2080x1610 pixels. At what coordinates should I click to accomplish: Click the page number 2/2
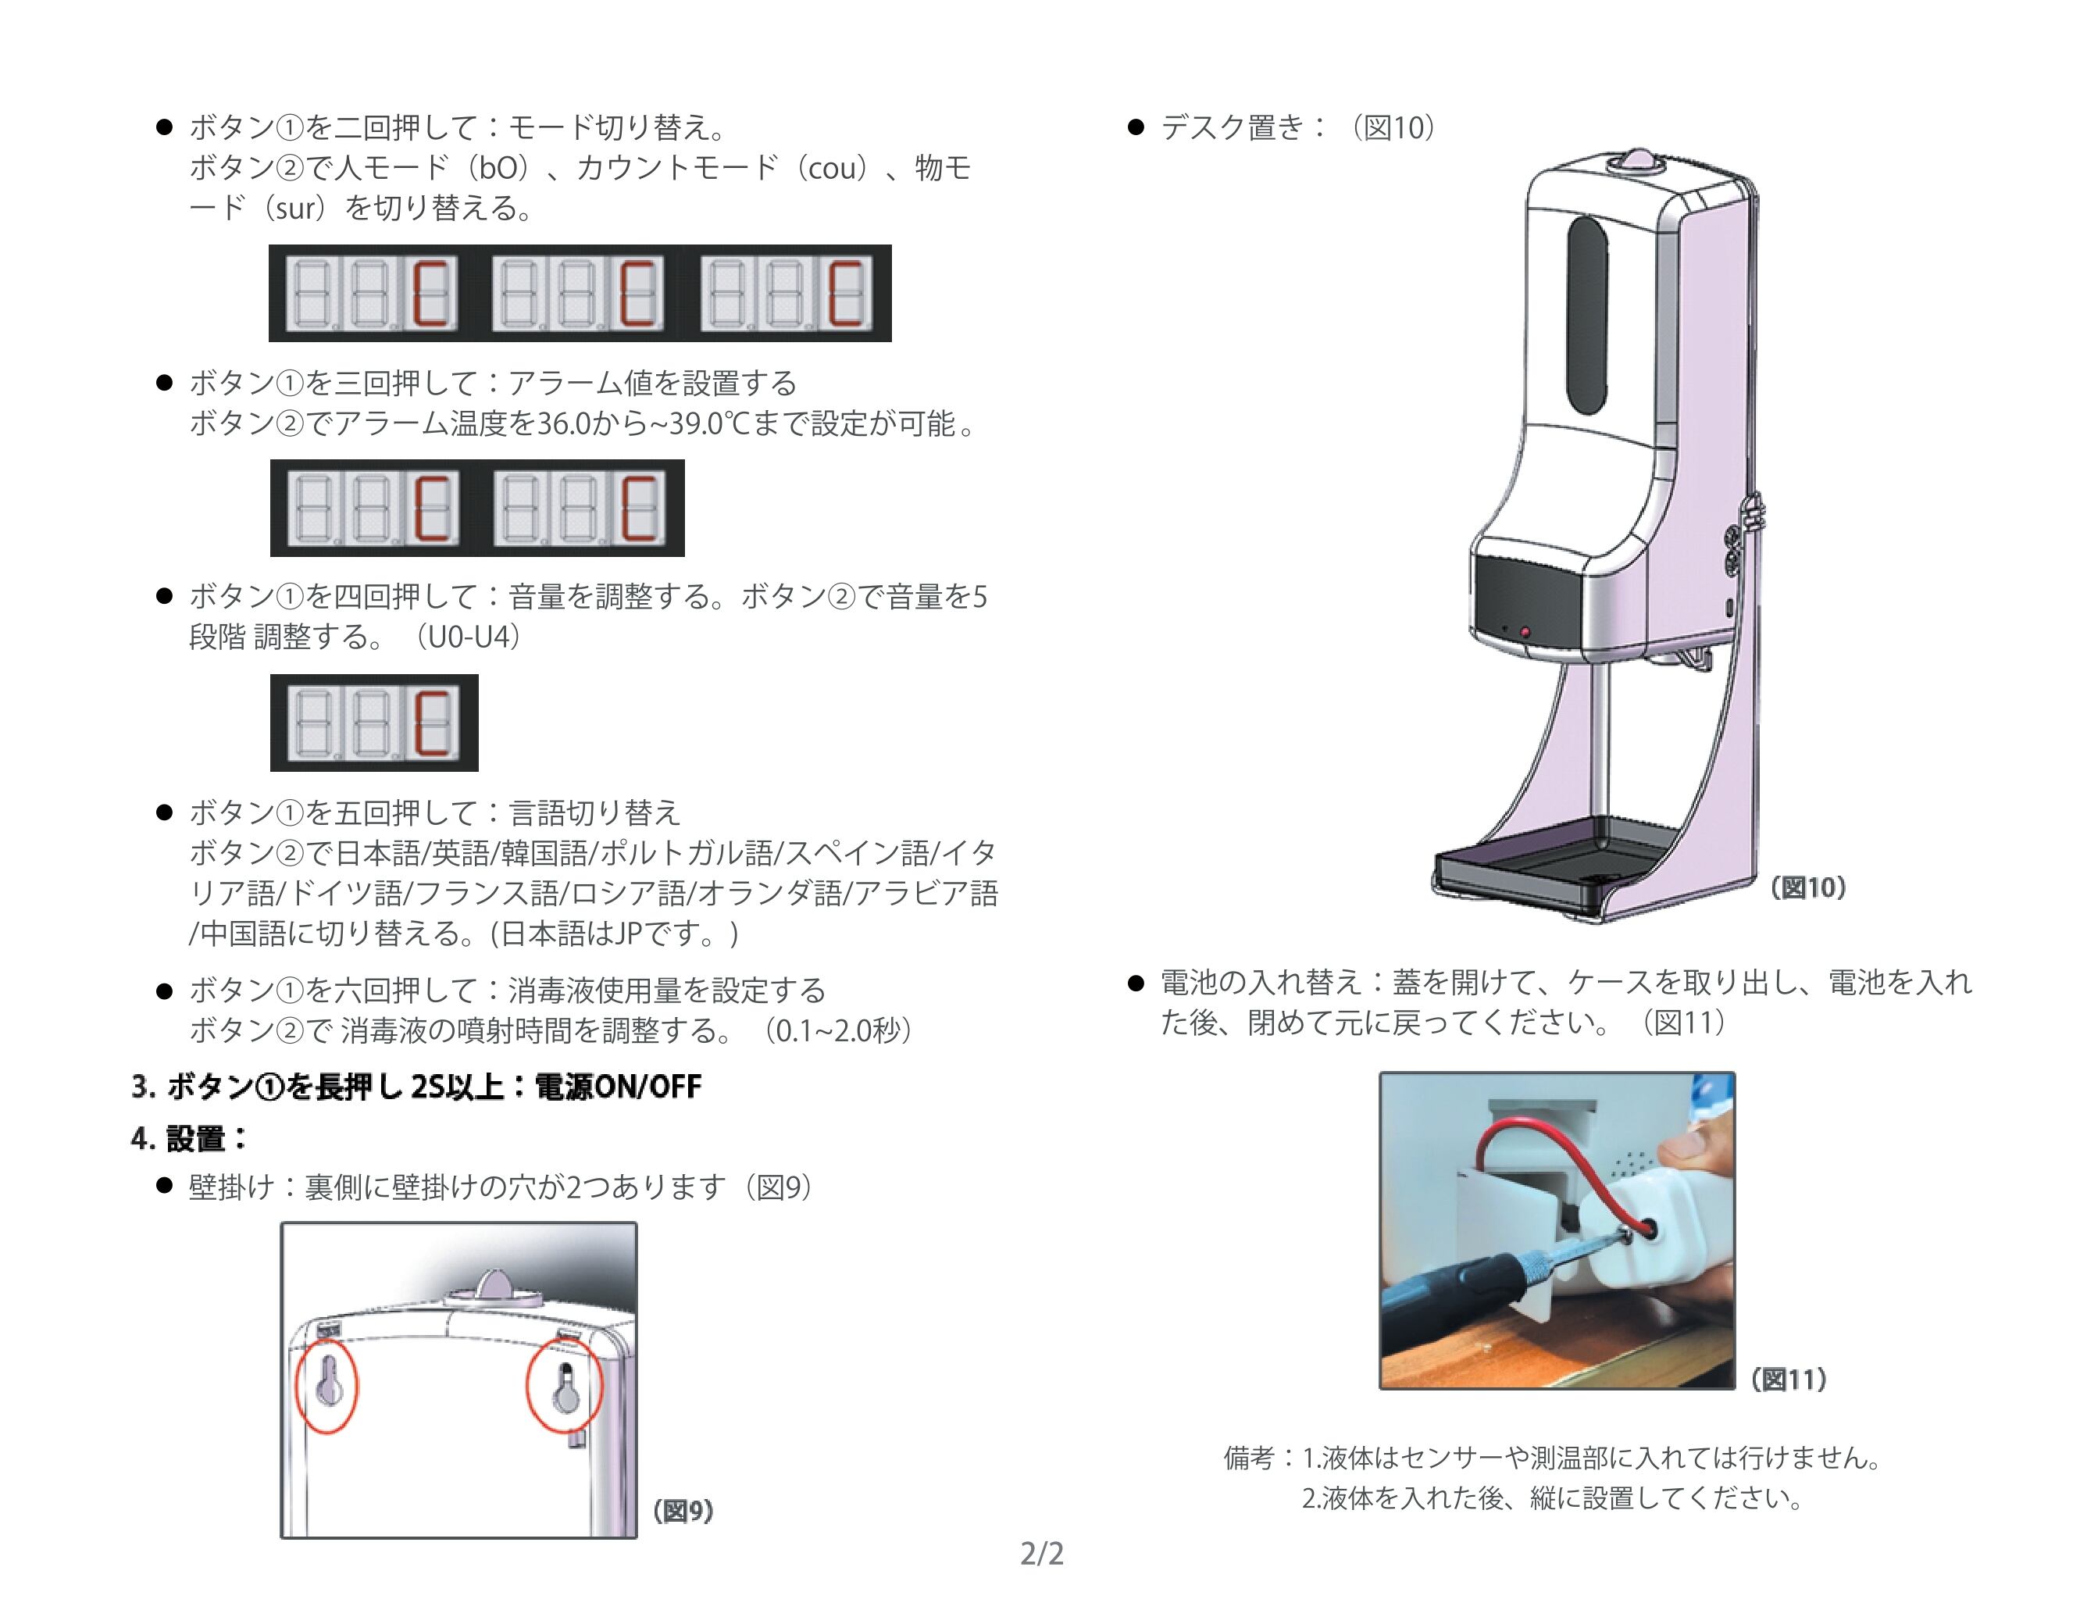(1041, 1554)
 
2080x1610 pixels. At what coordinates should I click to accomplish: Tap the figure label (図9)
(683, 1511)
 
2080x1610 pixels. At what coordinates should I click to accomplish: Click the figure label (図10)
(1807, 888)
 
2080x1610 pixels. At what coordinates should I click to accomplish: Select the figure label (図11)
(1788, 1380)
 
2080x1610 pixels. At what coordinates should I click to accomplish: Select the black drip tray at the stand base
(1552, 862)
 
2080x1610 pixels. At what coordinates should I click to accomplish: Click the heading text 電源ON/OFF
(618, 1086)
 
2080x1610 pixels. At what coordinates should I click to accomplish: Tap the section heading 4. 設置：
(188, 1137)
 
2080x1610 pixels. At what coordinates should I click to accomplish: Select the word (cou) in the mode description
(831, 168)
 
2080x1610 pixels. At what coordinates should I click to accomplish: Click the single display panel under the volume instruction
(374, 722)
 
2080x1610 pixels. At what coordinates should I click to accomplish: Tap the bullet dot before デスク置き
(1134, 127)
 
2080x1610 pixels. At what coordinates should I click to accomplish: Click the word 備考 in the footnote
(1247, 1458)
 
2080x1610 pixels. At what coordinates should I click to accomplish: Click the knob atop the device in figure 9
(495, 1283)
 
